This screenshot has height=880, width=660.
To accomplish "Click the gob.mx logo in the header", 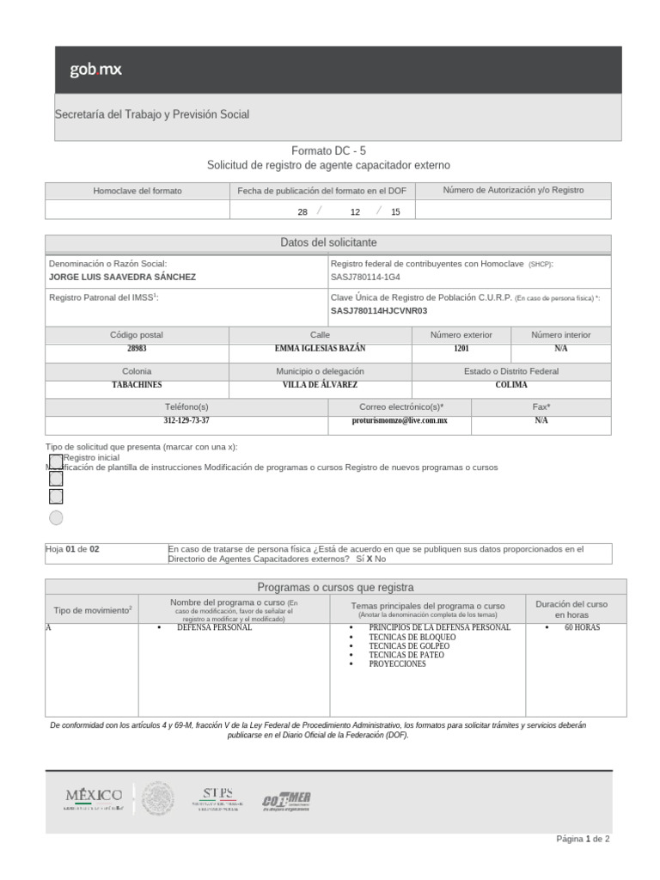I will (95, 70).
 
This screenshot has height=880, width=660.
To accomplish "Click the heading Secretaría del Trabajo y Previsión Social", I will (152, 114).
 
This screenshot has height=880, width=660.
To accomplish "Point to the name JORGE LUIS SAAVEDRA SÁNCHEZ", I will (122, 278).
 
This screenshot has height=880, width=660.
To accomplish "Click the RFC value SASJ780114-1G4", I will (365, 278).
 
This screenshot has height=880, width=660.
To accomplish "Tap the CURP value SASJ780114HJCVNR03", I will (379, 311).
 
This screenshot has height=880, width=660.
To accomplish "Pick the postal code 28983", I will (137, 349).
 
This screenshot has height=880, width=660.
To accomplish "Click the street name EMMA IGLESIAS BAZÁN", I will (319, 349).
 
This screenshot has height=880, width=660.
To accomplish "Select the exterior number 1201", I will (461, 349).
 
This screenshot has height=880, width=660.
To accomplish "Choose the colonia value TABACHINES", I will (137, 385).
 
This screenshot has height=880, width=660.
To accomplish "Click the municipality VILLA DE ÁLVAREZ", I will (320, 385).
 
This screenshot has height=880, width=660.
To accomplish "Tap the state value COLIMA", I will (511, 385).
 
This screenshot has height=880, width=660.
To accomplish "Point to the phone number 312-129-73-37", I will (186, 421).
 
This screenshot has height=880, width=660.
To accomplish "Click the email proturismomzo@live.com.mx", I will (400, 421).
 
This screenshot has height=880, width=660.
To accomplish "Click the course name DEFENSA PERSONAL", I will (214, 627).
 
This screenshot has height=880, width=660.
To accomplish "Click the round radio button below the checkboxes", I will (56, 517).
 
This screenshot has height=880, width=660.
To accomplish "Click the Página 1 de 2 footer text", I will (584, 839).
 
